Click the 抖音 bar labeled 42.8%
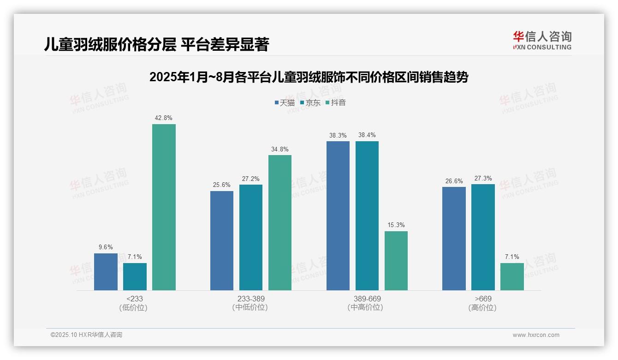[164, 207]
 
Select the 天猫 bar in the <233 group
[106, 272]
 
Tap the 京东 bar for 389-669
[367, 216]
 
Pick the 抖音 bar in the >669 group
[512, 276]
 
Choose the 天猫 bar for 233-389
[222, 240]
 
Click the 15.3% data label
[396, 225]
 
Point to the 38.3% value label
[338, 135]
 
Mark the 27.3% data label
[483, 178]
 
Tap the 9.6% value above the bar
[106, 247]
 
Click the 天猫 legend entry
[285, 102]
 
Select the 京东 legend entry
[310, 102]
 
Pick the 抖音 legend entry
[336, 102]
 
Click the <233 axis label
[135, 299]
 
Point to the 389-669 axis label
[367, 299]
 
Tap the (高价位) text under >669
[483, 307]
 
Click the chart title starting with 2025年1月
[309, 78]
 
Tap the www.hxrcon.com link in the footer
[536, 335]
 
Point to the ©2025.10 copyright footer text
[86, 335]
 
